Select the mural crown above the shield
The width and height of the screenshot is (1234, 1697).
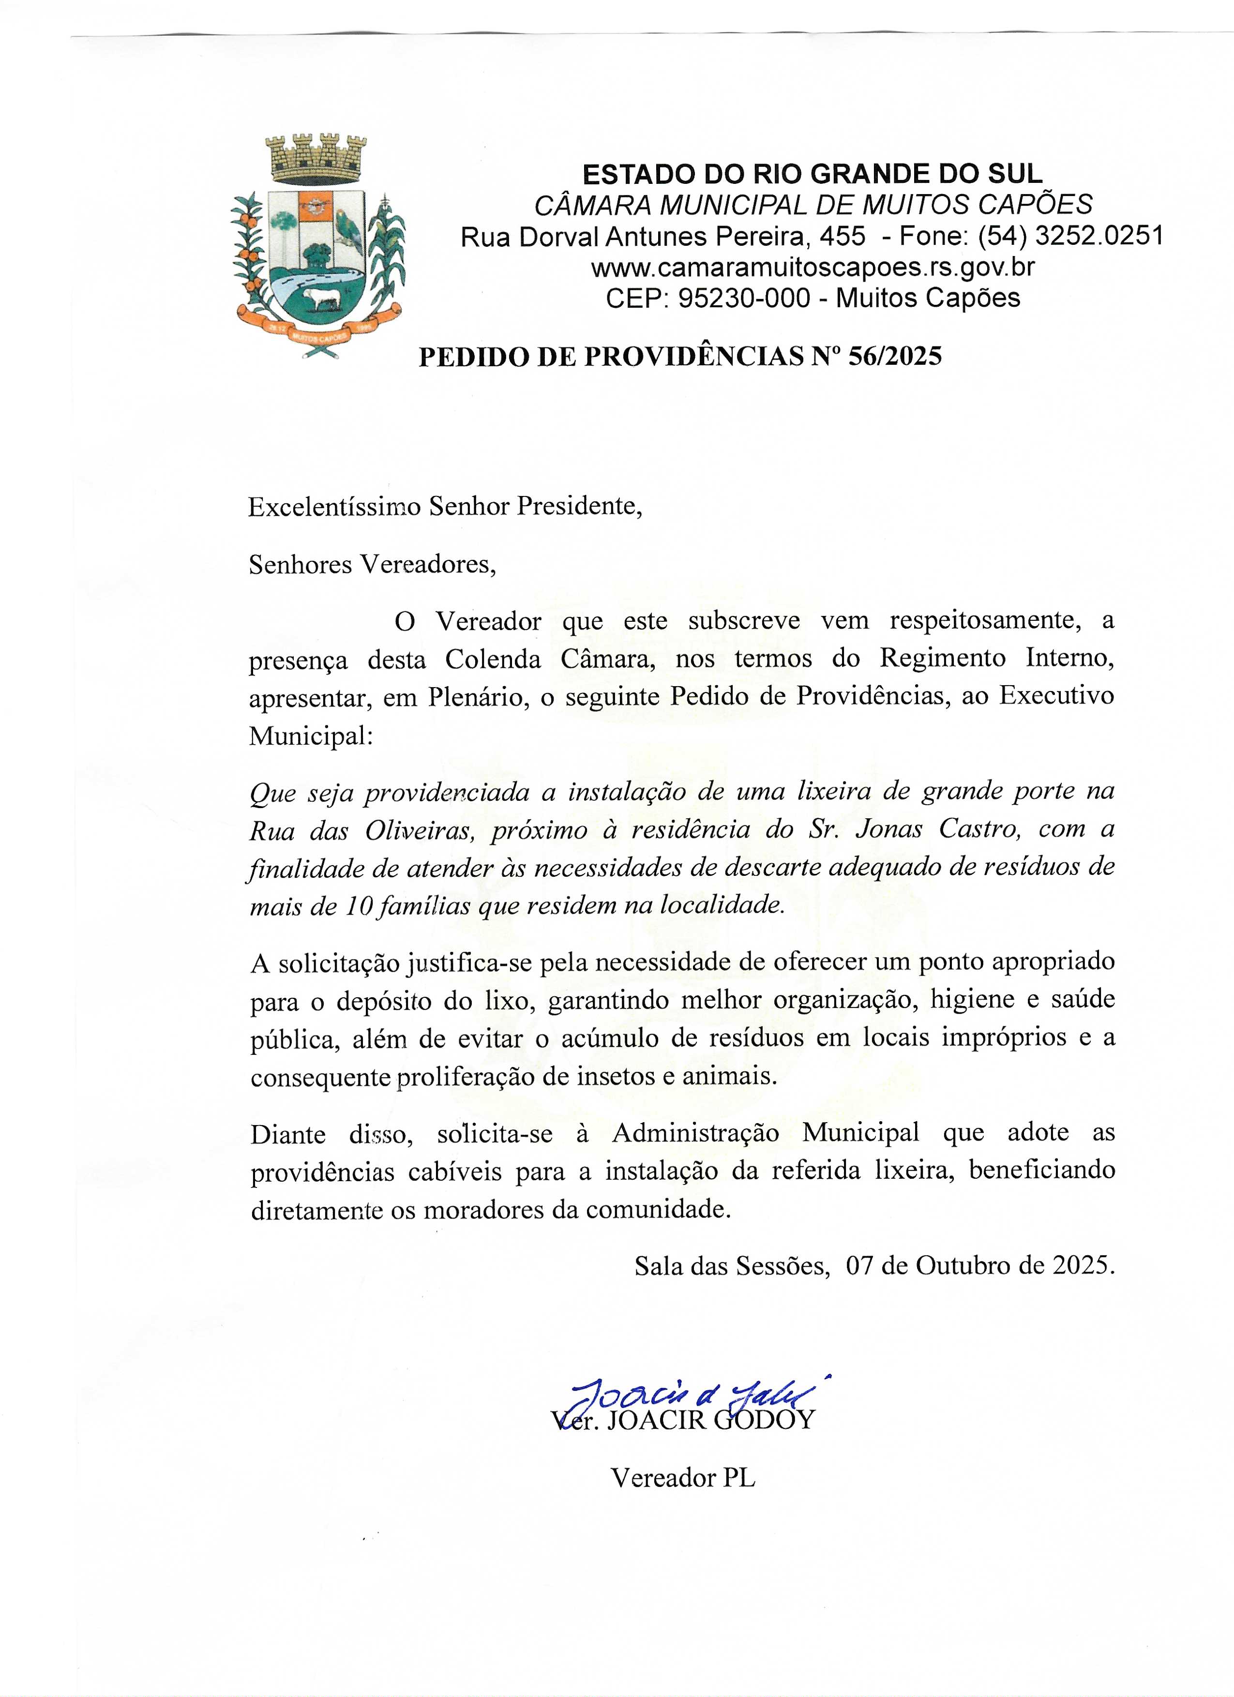point(318,157)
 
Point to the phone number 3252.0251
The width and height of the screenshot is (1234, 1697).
point(1099,237)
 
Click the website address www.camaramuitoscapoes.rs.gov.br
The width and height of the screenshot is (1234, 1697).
point(813,267)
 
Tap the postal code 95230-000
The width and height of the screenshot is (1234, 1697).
point(743,298)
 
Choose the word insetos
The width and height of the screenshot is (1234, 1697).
point(622,1076)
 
